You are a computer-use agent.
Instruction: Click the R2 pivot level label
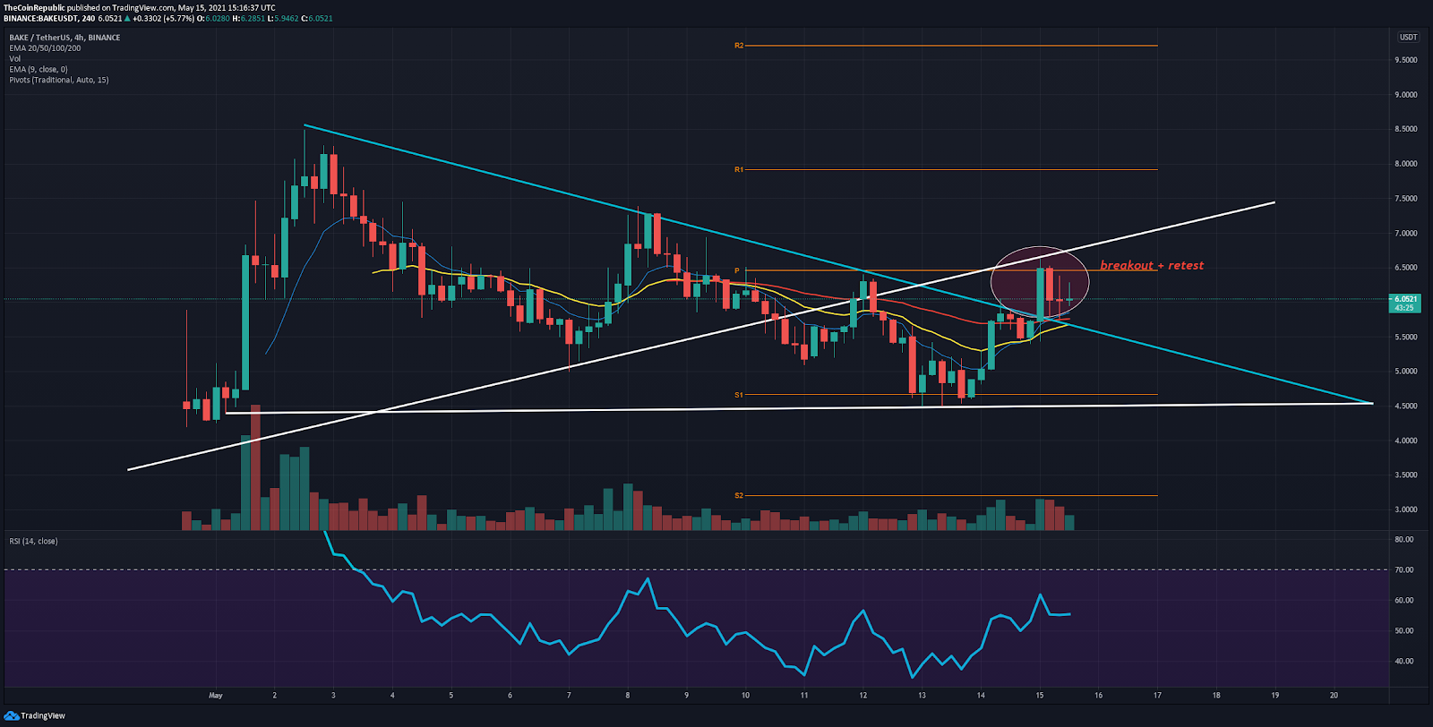[x=739, y=46]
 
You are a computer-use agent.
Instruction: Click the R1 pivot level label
[x=739, y=169]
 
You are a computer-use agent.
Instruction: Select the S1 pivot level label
[x=739, y=395]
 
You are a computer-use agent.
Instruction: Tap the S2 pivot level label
[x=739, y=495]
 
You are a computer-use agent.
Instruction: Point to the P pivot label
[x=737, y=270]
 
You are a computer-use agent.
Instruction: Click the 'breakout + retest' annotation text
[x=1152, y=266]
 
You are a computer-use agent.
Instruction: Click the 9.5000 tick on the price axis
[x=1405, y=60]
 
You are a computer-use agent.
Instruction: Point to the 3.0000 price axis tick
[x=1405, y=509]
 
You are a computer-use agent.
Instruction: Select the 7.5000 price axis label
[x=1405, y=199]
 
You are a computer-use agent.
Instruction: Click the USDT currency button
[x=1408, y=38]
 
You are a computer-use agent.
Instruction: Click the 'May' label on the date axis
[x=215, y=695]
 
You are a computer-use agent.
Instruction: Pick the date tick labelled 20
[x=1334, y=695]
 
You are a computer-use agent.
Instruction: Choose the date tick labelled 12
[x=862, y=695]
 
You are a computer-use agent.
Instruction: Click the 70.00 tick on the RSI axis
[x=1403, y=570]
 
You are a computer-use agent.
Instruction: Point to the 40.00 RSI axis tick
[x=1403, y=662]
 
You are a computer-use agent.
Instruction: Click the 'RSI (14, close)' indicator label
[x=33, y=542]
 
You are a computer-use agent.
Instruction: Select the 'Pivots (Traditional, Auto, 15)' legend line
[x=59, y=81]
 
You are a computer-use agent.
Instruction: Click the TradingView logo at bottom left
[x=35, y=715]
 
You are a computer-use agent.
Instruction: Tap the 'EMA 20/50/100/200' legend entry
[x=45, y=48]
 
